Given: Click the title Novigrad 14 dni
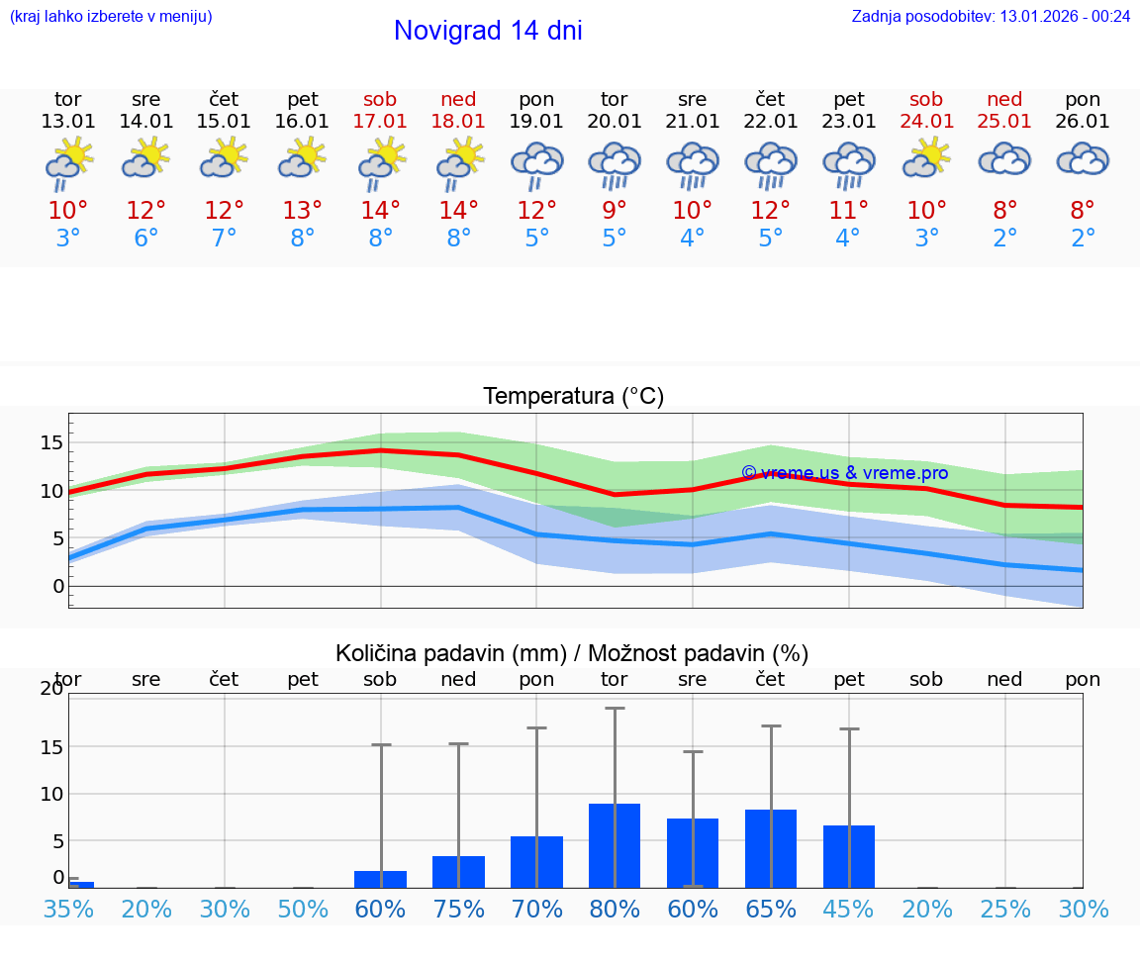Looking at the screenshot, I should click(x=488, y=31).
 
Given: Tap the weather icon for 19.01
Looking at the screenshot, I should click(x=536, y=164).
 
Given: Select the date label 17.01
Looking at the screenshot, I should click(x=380, y=122).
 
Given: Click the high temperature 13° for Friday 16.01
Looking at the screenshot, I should click(x=303, y=210).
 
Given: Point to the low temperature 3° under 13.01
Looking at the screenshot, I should click(x=68, y=239).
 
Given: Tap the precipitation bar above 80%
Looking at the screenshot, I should click(x=615, y=845).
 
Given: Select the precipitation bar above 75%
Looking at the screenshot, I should click(x=458, y=871).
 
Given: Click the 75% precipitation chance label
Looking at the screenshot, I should click(x=458, y=910).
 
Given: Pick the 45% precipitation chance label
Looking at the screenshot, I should click(x=849, y=910).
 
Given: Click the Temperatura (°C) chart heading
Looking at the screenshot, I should click(x=573, y=397).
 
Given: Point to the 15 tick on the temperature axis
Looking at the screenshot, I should click(x=51, y=442).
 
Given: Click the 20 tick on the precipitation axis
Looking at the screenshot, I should click(x=51, y=689).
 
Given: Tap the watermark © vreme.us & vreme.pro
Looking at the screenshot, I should click(x=844, y=473).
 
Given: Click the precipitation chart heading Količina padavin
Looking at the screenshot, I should click(x=572, y=653).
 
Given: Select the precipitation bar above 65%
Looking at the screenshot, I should click(x=771, y=848).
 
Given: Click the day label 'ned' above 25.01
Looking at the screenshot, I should click(x=1004, y=99).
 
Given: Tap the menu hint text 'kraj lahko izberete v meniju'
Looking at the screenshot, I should click(x=111, y=16).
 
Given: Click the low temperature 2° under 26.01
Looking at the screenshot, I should click(x=1083, y=239).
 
